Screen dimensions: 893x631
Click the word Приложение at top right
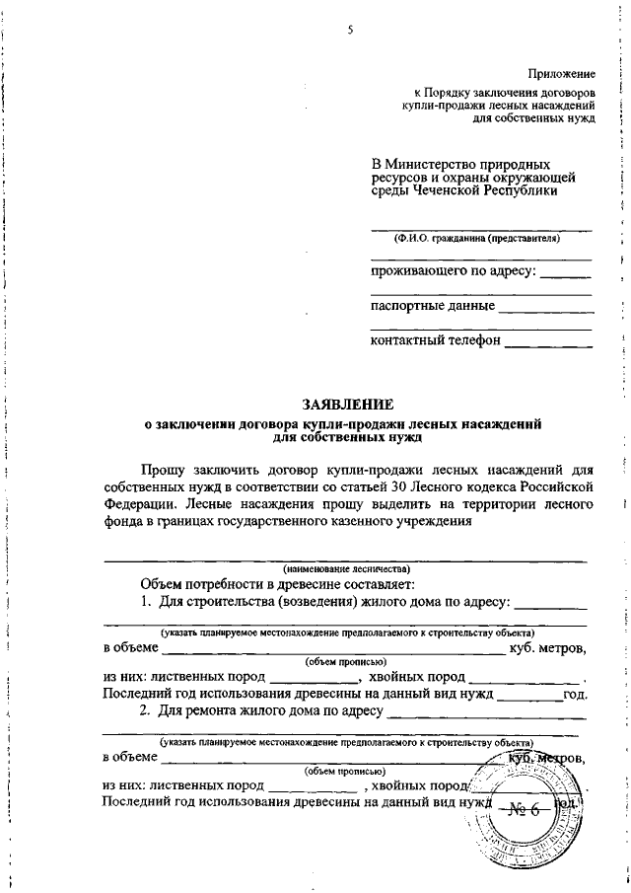(562, 74)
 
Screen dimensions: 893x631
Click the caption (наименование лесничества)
(346, 568)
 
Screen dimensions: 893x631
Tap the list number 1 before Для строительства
(145, 601)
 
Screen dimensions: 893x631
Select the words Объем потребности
(196, 584)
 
